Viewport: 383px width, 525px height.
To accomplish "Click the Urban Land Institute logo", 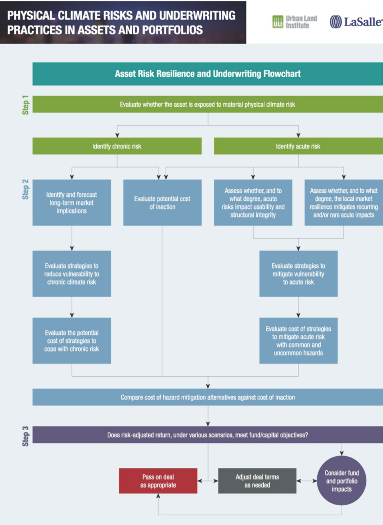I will [x=294, y=22].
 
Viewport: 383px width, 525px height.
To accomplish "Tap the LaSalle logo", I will [x=355, y=22].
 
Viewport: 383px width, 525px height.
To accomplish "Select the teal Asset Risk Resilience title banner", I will [x=207, y=74].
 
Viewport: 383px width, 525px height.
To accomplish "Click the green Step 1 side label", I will [x=25, y=105].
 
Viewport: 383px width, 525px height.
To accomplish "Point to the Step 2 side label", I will [x=25, y=190].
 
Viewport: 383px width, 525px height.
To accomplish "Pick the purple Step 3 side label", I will [x=25, y=436].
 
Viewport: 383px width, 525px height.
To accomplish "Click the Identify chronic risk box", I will [x=117, y=146].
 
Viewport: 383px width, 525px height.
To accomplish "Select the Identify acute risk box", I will [x=298, y=146].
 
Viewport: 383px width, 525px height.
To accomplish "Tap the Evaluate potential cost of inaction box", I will [x=162, y=203].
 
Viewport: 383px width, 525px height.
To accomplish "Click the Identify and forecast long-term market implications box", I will [x=72, y=203].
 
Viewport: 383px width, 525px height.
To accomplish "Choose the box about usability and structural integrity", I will [x=253, y=203].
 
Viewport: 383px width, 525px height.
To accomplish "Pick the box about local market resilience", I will [x=343, y=203].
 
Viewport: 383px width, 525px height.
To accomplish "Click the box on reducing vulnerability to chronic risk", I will [x=72, y=274].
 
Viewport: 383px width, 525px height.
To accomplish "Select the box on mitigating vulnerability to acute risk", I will [x=298, y=274].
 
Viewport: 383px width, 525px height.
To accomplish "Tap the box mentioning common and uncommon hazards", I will [x=298, y=341].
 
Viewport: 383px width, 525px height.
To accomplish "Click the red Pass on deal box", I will [x=158, y=481].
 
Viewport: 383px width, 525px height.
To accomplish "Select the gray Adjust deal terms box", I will [x=257, y=481].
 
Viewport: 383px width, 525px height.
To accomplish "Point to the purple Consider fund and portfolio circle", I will [x=341, y=481].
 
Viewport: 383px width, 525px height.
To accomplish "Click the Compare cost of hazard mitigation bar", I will [x=207, y=397].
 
